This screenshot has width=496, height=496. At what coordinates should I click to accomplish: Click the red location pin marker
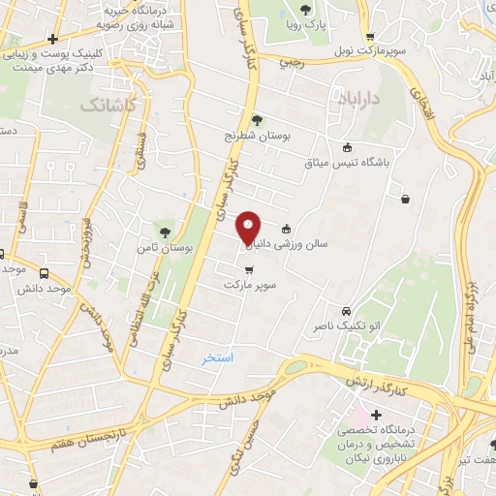click(249, 227)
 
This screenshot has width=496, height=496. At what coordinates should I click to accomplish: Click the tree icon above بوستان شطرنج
click(257, 120)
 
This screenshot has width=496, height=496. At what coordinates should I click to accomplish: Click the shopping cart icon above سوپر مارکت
click(250, 270)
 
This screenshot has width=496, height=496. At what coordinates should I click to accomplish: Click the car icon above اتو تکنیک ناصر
click(346, 311)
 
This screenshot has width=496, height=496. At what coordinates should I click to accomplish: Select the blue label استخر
click(218, 358)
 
